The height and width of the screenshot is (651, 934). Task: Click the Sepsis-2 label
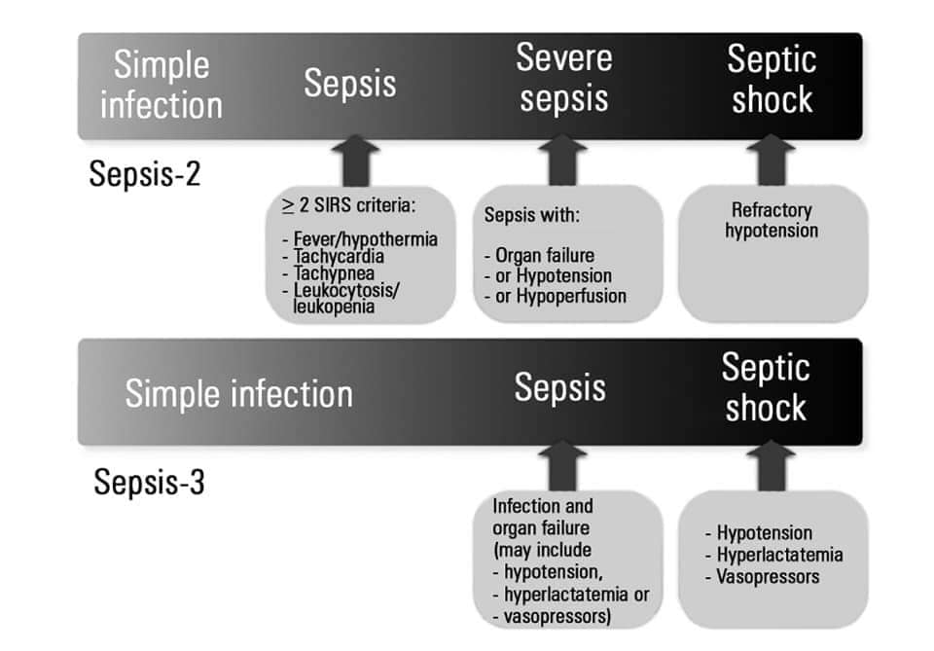click(145, 174)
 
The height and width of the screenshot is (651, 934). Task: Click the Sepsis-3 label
click(150, 482)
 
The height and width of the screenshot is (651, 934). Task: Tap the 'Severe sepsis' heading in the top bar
click(564, 78)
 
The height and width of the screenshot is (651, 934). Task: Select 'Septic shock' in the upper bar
click(772, 79)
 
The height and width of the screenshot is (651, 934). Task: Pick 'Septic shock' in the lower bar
click(766, 387)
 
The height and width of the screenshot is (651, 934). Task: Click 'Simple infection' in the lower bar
click(239, 394)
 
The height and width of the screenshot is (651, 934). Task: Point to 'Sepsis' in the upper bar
click(350, 83)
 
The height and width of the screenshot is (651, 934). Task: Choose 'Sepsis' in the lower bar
click(560, 387)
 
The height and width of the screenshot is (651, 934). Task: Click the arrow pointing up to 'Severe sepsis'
click(562, 160)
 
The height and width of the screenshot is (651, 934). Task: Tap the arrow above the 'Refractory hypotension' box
click(772, 160)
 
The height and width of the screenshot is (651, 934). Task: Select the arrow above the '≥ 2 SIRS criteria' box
click(356, 161)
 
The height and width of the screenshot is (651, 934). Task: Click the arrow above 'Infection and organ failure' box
click(562, 466)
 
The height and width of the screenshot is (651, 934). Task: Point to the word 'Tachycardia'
click(339, 257)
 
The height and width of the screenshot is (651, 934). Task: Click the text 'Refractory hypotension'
click(772, 220)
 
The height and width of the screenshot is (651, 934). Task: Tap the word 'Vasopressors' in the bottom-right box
click(768, 576)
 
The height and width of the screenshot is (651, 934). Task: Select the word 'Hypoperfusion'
click(571, 296)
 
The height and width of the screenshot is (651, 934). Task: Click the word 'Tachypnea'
click(334, 273)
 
